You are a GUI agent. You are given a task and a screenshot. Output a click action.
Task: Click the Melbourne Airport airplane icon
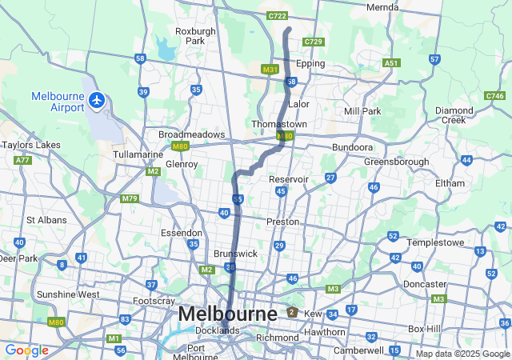click(97, 101)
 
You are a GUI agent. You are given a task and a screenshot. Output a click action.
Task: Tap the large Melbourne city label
click(228, 314)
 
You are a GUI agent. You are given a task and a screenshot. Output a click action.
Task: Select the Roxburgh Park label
click(195, 36)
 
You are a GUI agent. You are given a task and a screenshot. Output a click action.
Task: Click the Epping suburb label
click(311, 63)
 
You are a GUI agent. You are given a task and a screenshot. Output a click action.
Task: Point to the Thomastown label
click(279, 125)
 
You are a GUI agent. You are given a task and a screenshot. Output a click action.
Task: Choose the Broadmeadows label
click(191, 134)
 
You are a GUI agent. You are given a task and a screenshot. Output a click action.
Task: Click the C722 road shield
click(277, 15)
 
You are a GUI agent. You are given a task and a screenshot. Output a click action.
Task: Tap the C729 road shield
click(314, 42)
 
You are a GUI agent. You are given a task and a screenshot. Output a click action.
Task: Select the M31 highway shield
click(270, 70)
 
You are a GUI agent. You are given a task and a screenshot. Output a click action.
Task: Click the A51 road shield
click(391, 62)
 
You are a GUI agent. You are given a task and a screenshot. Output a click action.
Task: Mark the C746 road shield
click(494, 96)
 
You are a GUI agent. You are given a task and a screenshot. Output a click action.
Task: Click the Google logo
click(26, 350)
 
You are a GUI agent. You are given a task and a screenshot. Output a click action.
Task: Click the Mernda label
click(382, 7)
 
